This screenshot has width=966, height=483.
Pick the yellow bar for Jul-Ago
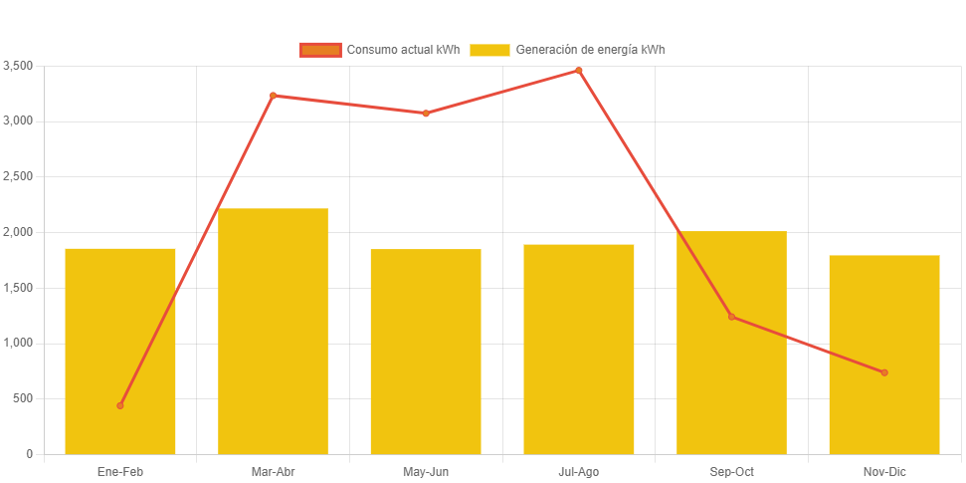coord(578,349)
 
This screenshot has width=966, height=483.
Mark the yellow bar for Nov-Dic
coord(883,354)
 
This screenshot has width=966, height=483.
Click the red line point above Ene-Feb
coord(120,405)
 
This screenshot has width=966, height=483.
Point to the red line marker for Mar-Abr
coord(273,96)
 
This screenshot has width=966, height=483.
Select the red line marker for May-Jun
coord(426,114)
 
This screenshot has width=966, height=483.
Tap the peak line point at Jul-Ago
coord(578,71)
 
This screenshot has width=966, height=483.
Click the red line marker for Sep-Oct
coord(731,317)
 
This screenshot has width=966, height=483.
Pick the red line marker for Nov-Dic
coord(883,372)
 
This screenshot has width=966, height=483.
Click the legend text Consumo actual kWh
coord(402,50)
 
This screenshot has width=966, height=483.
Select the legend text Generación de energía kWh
coord(590,50)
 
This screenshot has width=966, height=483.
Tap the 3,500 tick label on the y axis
coord(18,66)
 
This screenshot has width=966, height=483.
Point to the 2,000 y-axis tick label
coord(18,232)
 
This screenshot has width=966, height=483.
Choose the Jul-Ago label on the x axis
coord(578,472)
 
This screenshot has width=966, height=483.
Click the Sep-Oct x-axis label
coord(731,472)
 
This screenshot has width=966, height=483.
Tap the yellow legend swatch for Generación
coord(489,50)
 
